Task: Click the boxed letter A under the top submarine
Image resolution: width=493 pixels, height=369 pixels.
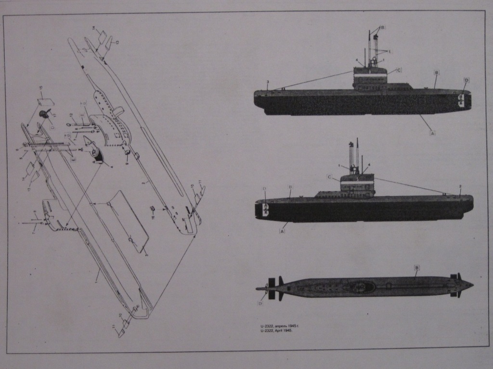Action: point(432,133)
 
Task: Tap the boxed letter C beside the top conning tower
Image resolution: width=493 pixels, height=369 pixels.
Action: point(399,70)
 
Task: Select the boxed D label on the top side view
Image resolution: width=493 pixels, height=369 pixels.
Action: point(466,80)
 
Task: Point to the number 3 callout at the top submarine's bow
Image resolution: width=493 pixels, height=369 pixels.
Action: point(268,82)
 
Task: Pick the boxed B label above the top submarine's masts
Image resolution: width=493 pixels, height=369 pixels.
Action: point(383,28)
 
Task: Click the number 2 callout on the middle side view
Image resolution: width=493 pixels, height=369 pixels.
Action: point(460,186)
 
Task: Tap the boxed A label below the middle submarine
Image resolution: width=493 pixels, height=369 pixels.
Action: point(282,231)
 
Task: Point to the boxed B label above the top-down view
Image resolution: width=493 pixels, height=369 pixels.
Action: point(417,268)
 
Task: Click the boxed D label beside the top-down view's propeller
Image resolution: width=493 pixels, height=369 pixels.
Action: point(260,303)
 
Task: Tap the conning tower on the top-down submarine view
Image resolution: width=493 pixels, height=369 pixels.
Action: point(364,287)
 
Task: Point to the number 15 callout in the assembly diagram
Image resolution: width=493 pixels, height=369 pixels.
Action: point(41,87)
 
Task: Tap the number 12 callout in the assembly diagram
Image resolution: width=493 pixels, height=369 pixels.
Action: point(71,114)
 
